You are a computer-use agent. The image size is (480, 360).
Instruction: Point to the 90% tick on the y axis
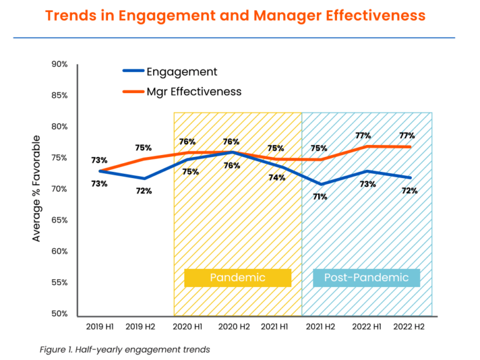(60, 64)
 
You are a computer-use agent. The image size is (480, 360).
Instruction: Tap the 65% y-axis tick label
(60, 220)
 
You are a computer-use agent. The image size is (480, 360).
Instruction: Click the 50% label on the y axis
(60, 314)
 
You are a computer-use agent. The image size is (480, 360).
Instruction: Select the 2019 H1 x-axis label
(99, 327)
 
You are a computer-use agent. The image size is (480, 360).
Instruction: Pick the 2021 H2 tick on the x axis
(321, 327)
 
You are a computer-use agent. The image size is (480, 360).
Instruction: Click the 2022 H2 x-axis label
(409, 327)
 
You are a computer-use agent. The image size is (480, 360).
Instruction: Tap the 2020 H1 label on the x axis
(187, 327)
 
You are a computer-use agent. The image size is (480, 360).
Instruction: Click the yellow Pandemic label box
(237, 277)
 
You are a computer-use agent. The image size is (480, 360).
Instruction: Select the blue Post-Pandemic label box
(366, 277)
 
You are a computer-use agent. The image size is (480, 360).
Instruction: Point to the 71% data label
(320, 196)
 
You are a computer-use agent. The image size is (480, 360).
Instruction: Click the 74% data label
(277, 177)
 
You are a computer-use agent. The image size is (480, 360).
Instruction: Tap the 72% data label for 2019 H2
(144, 191)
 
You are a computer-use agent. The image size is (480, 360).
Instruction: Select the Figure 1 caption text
(124, 349)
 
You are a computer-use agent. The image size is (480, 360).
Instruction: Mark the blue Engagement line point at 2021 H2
(321, 184)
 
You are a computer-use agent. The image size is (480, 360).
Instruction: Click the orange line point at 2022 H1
(365, 146)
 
